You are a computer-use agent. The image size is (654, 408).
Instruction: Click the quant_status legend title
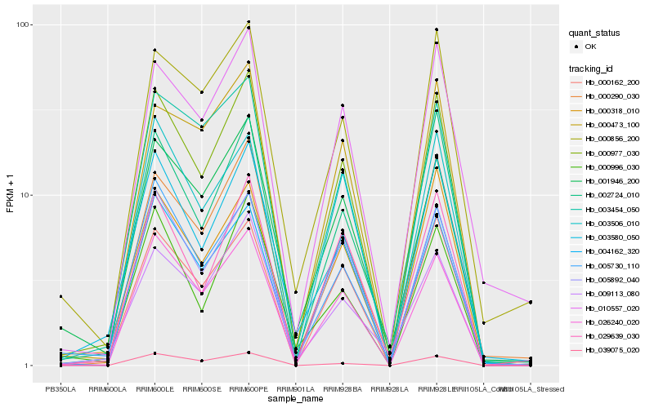point(596,33)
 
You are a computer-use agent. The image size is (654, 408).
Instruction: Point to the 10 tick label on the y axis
point(26,195)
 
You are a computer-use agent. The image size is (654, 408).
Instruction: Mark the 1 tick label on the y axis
point(29,366)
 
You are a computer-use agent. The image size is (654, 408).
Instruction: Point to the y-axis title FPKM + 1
point(10,195)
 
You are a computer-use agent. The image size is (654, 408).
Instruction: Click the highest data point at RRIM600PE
point(249,22)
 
